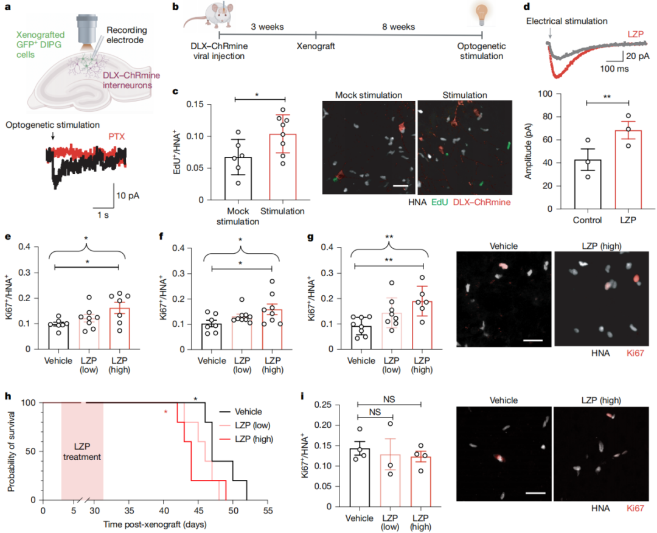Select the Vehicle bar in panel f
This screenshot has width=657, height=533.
click(x=212, y=336)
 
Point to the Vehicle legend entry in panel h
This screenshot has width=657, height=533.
click(x=252, y=411)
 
